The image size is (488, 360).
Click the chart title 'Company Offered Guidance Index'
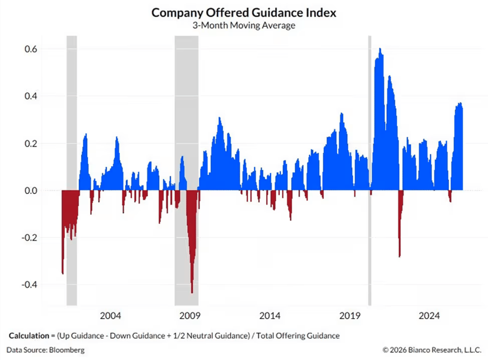244,13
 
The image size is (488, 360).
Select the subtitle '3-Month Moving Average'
244,25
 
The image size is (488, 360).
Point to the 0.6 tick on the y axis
30,49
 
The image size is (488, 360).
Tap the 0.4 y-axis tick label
30,96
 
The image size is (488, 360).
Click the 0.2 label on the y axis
30,144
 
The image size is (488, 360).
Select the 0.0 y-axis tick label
30,191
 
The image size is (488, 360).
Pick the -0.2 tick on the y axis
29,238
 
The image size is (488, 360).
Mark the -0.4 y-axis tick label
29,285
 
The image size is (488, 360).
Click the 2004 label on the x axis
111,315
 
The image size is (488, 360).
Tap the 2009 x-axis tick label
190,315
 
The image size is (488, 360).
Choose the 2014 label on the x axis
270,315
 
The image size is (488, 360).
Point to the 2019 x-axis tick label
349,315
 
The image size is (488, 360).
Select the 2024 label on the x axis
429,315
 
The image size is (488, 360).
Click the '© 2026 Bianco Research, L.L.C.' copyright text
430,350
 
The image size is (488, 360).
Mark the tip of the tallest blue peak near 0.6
380,49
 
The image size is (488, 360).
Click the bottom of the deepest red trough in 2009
192,292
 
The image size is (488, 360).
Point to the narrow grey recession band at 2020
369,168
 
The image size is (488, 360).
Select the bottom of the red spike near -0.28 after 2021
399,257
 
